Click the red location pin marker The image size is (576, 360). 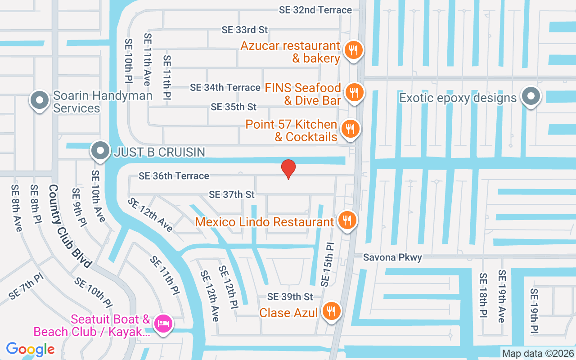[x=288, y=169]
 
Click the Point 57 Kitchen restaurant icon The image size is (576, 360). [x=350, y=129]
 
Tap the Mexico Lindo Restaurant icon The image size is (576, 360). [x=346, y=220]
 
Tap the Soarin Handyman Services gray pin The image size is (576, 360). [x=40, y=100]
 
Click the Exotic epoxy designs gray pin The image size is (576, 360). [x=531, y=96]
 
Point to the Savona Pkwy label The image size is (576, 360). [x=392, y=257]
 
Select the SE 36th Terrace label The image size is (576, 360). [x=174, y=176]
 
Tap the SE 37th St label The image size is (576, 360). [x=232, y=194]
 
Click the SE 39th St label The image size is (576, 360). [x=290, y=297]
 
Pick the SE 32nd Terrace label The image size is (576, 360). [x=315, y=10]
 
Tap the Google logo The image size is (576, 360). [x=30, y=349]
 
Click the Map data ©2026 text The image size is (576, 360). [x=538, y=354]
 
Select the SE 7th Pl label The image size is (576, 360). [x=26, y=287]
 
